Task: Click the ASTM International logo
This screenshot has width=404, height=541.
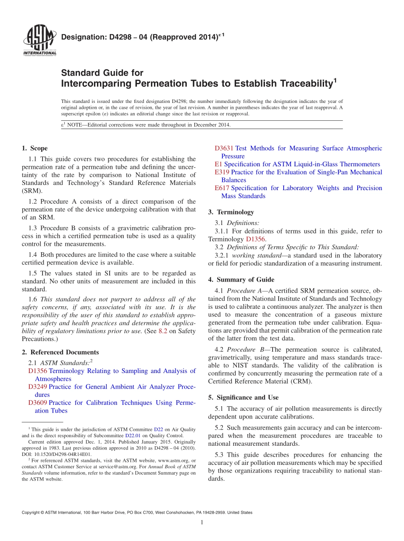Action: (39, 40)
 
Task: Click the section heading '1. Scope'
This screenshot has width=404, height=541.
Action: (34, 148)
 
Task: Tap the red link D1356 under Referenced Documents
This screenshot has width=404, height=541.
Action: (37, 371)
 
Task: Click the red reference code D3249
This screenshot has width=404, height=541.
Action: (37, 387)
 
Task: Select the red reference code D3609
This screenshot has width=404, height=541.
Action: (37, 403)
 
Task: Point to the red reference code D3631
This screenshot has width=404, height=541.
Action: (224, 148)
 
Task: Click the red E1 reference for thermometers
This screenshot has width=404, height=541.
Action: (218, 164)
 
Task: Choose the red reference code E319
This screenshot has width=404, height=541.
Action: (222, 172)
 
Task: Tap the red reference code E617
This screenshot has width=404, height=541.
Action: (222, 188)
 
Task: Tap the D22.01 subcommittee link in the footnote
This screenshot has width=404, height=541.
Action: (132, 436)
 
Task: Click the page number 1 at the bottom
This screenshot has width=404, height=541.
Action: (202, 522)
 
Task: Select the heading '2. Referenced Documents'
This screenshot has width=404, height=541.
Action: (60, 352)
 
